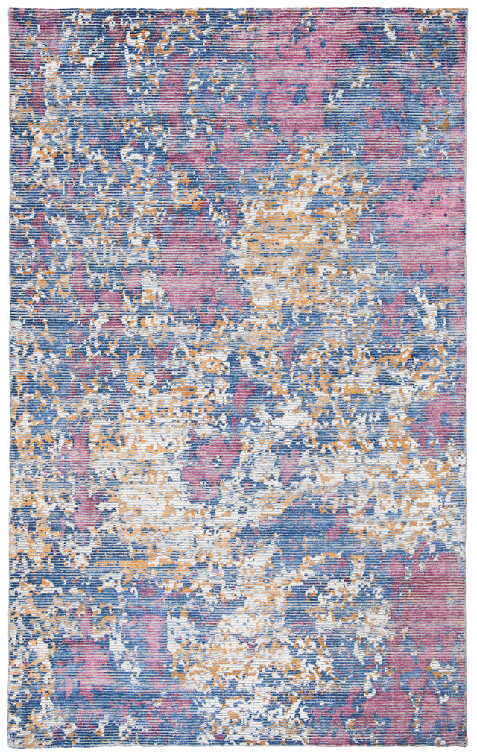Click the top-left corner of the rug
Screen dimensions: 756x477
pyautogui.click(x=10, y=9)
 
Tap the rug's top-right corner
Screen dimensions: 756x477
pyautogui.click(x=467, y=9)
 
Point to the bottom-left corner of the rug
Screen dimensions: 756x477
pyautogui.click(x=10, y=748)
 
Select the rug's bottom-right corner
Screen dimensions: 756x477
pyautogui.click(x=467, y=748)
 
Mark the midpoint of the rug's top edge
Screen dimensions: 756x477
pyautogui.click(x=238, y=9)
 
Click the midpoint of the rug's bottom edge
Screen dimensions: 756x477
pyautogui.click(x=238, y=748)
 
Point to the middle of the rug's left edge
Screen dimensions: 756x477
pyautogui.click(x=10, y=378)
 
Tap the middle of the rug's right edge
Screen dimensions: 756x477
pyautogui.click(x=467, y=378)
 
